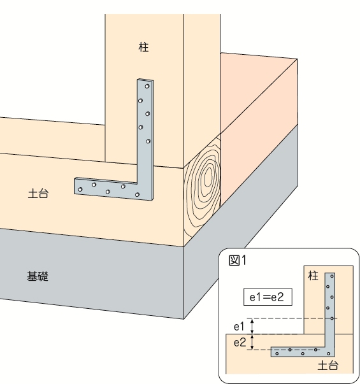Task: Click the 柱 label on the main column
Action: [143, 46]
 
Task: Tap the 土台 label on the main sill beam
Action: [38, 194]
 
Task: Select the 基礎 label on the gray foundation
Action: [38, 276]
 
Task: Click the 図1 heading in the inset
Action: [237, 260]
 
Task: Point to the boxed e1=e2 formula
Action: [268, 297]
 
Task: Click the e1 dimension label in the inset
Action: [239, 327]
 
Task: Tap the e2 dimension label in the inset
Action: [240, 343]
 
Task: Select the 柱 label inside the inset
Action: [313, 276]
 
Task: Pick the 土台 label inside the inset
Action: [328, 366]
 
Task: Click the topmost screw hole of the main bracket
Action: [147, 86]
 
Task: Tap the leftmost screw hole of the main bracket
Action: [80, 189]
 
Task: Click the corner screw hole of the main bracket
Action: [137, 195]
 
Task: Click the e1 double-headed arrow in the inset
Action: [252, 326]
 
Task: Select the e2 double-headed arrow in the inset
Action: [252, 342]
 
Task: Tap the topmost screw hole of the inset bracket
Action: [332, 276]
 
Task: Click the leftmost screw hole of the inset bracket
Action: [277, 353]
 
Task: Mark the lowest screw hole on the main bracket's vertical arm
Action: [148, 141]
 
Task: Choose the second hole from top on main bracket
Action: [140, 101]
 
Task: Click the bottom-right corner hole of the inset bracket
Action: [328, 353]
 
